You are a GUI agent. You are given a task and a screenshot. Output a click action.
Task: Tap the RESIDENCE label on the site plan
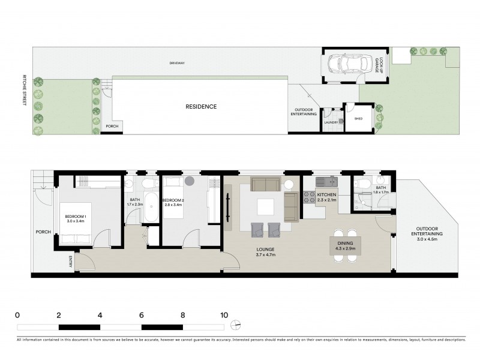200,107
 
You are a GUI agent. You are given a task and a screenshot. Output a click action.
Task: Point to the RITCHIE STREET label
25,90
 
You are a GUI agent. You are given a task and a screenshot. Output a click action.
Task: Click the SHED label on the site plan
359,119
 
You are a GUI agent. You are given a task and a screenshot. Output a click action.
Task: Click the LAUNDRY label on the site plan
331,122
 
